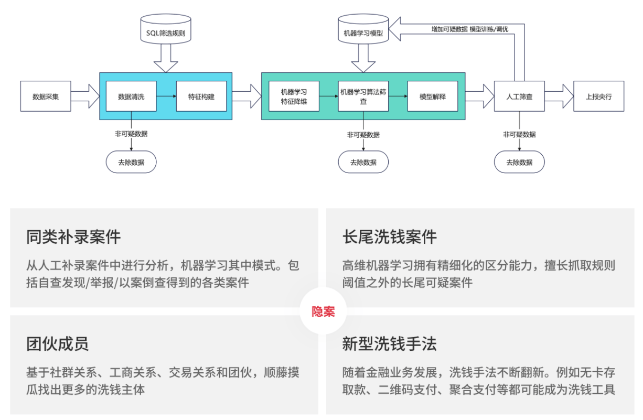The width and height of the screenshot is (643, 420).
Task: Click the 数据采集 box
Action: pyautogui.click(x=46, y=96)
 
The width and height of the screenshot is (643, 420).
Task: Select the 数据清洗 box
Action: pyautogui.click(x=131, y=96)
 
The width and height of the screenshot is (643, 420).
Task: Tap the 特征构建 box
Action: pyautogui.click(x=201, y=96)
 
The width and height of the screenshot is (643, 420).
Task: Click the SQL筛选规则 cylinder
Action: pyautogui.click(x=166, y=33)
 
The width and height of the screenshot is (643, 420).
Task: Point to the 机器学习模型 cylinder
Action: pyautogui.click(x=363, y=33)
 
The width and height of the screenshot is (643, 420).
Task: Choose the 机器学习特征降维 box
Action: pyautogui.click(x=294, y=96)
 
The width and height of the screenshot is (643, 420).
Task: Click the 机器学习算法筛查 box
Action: pyautogui.click(x=363, y=96)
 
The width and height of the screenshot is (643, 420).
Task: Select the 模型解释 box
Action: pyautogui.click(x=433, y=96)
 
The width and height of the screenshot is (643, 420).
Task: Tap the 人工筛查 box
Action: pyautogui.click(x=519, y=96)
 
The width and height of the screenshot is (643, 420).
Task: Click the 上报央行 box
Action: pyautogui.click(x=598, y=96)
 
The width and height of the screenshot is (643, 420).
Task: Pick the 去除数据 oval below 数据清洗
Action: pyautogui.click(x=131, y=162)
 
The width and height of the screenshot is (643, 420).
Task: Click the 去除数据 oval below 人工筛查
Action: pyautogui.click(x=519, y=162)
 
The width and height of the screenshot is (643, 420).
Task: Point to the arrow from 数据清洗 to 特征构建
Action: pyautogui.click(x=166, y=96)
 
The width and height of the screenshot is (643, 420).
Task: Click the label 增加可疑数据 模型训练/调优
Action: pyautogui.click(x=469, y=29)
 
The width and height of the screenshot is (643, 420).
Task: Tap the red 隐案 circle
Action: pyautogui.click(x=323, y=311)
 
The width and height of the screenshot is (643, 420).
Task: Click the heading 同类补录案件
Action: pyautogui.click(x=73, y=237)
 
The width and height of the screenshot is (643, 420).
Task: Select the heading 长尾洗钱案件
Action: pyautogui.click(x=389, y=237)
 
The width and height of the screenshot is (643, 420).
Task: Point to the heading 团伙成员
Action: pyautogui.click(x=58, y=344)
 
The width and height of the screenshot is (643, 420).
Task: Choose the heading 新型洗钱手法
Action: pyautogui.click(x=389, y=344)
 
